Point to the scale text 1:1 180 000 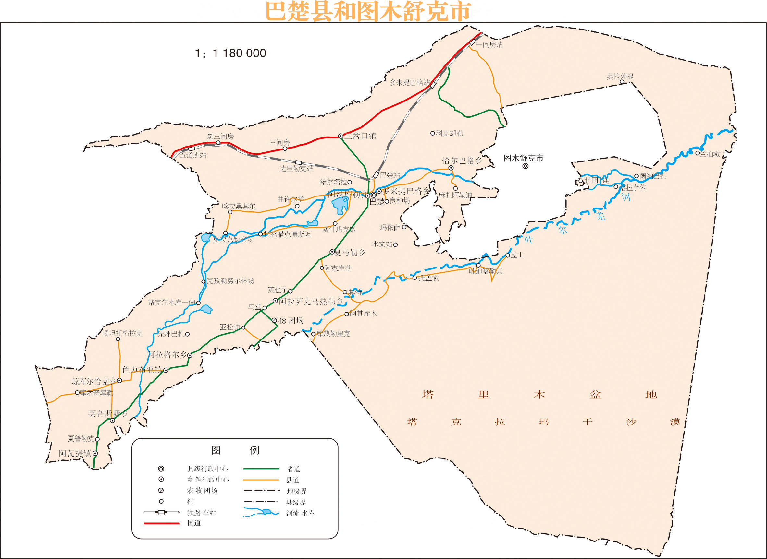(x=230, y=54)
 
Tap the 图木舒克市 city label (x=524, y=158)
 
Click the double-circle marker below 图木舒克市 (x=525, y=166)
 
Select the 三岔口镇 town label (x=360, y=136)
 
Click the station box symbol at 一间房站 (x=473, y=42)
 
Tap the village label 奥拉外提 (x=620, y=77)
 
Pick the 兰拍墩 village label (x=710, y=154)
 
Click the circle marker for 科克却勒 (x=432, y=133)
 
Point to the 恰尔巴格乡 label (x=462, y=161)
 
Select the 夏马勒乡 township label (x=350, y=252)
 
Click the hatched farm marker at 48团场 (x=274, y=320)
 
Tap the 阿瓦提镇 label (x=75, y=453)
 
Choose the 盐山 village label (x=517, y=255)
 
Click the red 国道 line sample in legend (x=162, y=523)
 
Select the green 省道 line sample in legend (x=261, y=469)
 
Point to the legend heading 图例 (x=235, y=450)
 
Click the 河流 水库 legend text (x=300, y=513)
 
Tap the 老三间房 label (x=220, y=137)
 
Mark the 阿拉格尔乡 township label (x=167, y=355)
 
